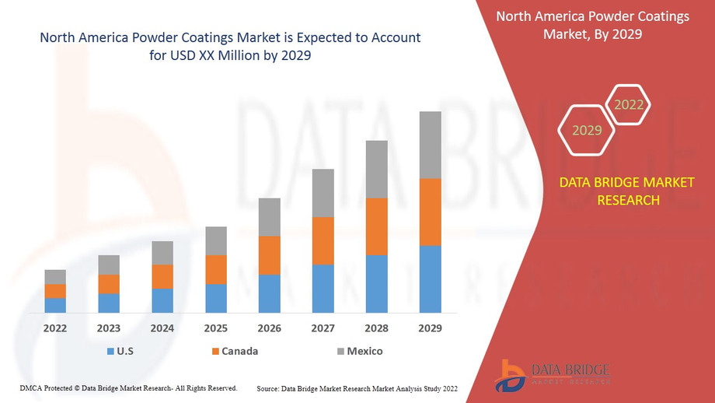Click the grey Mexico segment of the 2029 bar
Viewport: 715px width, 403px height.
[x=430, y=145]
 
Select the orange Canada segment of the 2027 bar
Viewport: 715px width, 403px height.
[x=323, y=240]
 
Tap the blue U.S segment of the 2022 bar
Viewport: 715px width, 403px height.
[x=55, y=305]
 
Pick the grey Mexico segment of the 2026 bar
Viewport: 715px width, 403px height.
[x=269, y=217]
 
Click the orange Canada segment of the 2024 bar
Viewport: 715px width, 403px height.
[x=162, y=276]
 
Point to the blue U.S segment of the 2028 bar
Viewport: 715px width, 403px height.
[x=376, y=283]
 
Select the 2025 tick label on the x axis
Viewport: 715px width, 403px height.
[x=215, y=328]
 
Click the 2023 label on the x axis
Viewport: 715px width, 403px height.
[x=108, y=328]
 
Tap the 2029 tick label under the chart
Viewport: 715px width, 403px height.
[x=430, y=328]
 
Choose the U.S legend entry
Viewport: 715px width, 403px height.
[x=120, y=351]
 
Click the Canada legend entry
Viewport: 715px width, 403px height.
[x=233, y=351]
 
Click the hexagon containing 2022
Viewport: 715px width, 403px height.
[x=628, y=104]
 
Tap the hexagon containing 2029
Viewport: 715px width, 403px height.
[x=587, y=130]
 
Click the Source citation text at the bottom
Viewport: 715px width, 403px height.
[x=357, y=387]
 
